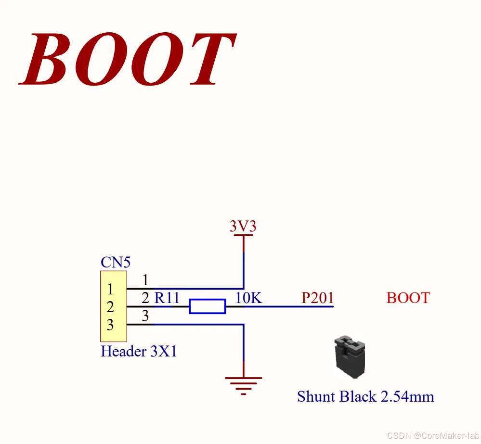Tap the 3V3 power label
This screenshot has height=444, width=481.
click(x=243, y=226)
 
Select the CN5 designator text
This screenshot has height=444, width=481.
click(x=115, y=262)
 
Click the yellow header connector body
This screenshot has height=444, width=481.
click(x=113, y=306)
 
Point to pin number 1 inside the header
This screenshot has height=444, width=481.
click(x=110, y=290)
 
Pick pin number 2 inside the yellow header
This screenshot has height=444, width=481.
click(x=110, y=307)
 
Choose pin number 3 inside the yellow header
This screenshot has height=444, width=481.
click(x=110, y=325)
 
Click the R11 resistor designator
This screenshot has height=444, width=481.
click(x=167, y=298)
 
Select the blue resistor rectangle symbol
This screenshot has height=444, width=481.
click(x=207, y=306)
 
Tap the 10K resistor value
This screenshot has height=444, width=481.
click(x=248, y=298)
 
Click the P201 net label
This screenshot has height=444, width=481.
click(x=317, y=298)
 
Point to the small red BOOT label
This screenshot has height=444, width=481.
click(x=408, y=298)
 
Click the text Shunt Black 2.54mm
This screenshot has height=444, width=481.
click(x=365, y=397)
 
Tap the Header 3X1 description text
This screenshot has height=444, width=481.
click(x=139, y=352)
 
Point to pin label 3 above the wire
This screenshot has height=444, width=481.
click(x=145, y=316)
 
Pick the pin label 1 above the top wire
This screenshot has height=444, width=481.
click(x=145, y=280)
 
